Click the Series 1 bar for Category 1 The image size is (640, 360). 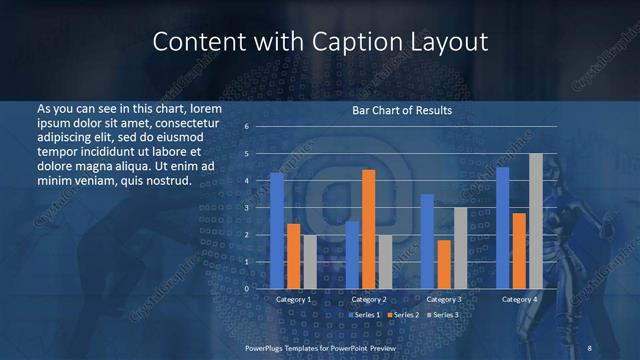tap(277, 231)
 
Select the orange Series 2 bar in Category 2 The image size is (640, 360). tap(368, 229)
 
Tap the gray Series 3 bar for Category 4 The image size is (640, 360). tap(535, 221)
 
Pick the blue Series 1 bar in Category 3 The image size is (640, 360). tap(427, 241)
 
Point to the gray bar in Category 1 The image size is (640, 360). tap(310, 262)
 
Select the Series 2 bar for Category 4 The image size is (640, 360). tap(519, 250)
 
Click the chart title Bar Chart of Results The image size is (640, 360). tap(402, 110)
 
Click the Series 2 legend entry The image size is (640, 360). tap(403, 315)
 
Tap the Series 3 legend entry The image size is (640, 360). tap(443, 315)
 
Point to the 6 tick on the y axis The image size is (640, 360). tap(246, 127)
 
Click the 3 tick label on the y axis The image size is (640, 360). tap(246, 208)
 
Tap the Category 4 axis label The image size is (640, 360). tap(519, 299)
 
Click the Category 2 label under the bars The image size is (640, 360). tap(368, 299)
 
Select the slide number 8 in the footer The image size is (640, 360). tap(590, 346)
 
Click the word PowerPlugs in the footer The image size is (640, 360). tap(266, 346)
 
